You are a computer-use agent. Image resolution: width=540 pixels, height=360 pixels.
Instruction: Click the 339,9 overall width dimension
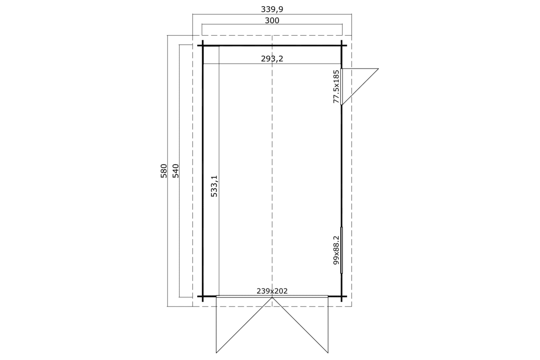[272, 9]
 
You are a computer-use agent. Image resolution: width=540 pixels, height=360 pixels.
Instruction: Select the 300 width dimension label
[272, 21]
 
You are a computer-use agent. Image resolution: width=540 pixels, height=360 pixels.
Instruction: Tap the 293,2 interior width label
[272, 58]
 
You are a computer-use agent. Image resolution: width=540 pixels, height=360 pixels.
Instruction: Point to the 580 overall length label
[164, 171]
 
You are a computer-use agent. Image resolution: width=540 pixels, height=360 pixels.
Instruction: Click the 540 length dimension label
[176, 171]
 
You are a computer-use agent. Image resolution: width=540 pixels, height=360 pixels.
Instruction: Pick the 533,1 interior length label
[214, 186]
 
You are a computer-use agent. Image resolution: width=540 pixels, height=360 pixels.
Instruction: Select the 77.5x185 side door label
[336, 86]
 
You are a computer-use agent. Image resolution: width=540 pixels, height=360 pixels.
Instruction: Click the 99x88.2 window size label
[336, 250]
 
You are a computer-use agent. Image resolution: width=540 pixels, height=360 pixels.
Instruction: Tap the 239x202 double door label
[272, 291]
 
